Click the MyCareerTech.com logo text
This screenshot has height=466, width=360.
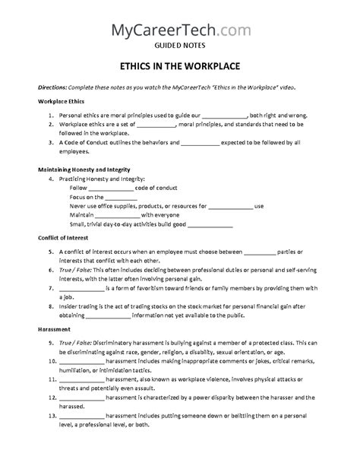pos(179,30)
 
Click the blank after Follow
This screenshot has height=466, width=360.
pos(112,188)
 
